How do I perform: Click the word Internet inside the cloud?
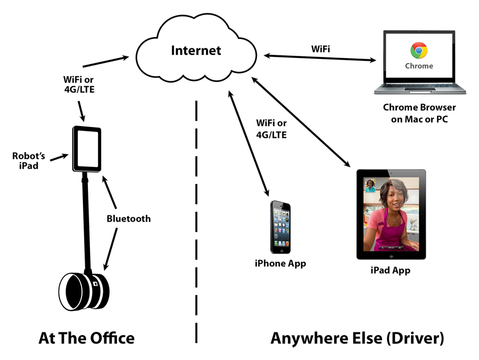[x=196, y=51]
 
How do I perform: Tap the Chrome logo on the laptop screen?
[x=419, y=51]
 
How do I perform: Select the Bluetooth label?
[x=129, y=219]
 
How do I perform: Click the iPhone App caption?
[x=280, y=264]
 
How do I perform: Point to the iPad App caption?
[x=391, y=270]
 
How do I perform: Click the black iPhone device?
[x=280, y=227]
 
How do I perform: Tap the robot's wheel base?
[x=84, y=291]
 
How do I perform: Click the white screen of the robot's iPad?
[x=88, y=149]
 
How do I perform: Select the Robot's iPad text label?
[x=28, y=161]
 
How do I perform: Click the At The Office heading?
[x=86, y=338]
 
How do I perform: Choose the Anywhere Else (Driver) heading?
[x=357, y=338]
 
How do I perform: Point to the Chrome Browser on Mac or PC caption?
[x=419, y=113]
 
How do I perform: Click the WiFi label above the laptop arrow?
[x=320, y=49]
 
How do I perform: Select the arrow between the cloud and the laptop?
[x=320, y=58]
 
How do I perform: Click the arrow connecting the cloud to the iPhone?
[x=249, y=143]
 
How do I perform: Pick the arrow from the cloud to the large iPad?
[x=301, y=122]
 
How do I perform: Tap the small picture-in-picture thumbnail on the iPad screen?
[x=370, y=186]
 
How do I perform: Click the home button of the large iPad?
[x=391, y=255]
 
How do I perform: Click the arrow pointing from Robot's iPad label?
[x=59, y=157]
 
